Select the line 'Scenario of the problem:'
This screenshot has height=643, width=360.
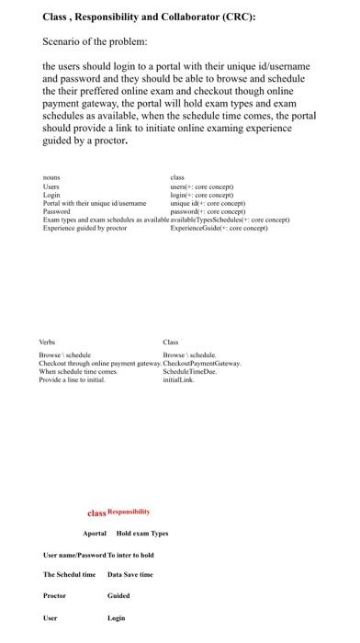tap(95, 42)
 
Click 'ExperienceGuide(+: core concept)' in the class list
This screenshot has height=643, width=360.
tap(219, 228)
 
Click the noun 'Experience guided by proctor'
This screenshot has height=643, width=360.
tap(84, 228)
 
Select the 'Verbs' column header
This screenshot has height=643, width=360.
tap(48, 342)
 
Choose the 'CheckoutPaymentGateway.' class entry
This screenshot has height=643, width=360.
tap(202, 364)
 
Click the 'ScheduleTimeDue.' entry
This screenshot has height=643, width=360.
tap(188, 372)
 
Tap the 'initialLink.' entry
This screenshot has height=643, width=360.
tap(179, 380)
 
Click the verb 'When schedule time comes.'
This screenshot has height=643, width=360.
tap(78, 372)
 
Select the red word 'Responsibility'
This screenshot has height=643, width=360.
tap(129, 512)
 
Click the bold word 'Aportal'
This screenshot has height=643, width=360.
tap(95, 534)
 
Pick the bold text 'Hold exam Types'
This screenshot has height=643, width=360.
tap(142, 534)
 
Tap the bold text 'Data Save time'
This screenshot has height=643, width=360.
tap(130, 575)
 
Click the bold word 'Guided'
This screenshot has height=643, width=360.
tap(118, 596)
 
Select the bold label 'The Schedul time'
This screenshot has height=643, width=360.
tap(69, 575)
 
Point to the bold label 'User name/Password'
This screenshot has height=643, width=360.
tap(73, 555)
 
